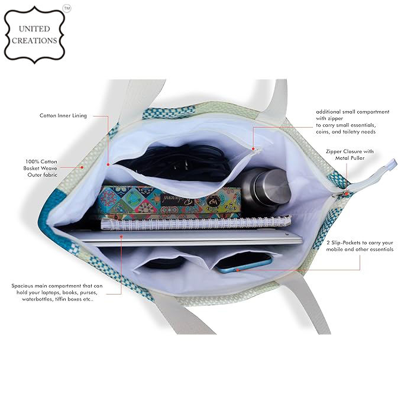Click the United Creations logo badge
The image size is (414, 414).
click(x=34, y=34)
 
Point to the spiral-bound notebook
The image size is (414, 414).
click(x=195, y=223)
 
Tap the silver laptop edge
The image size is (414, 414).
click(x=189, y=238)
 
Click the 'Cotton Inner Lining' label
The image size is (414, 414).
click(x=63, y=115)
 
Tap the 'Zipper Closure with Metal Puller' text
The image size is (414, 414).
click(x=350, y=155)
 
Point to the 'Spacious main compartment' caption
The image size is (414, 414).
click(x=57, y=293)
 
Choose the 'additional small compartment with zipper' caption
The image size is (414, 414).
click(x=352, y=121)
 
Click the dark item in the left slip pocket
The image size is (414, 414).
click(x=157, y=265)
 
